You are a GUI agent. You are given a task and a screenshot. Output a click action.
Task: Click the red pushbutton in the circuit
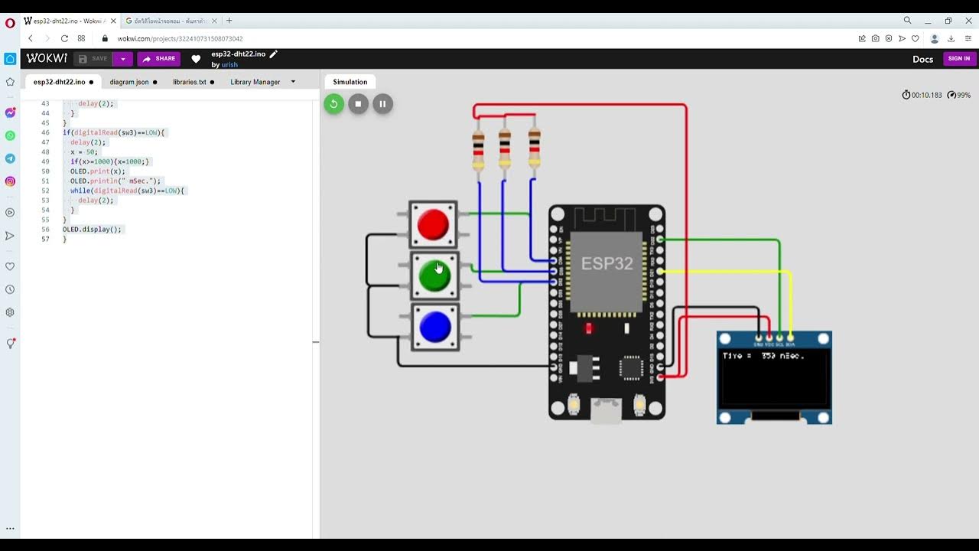[x=434, y=224]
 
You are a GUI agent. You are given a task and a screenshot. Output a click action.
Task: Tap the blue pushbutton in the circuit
[x=435, y=328]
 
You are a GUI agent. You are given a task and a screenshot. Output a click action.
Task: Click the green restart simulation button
[x=333, y=104]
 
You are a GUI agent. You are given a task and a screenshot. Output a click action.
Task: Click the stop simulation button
[x=358, y=104]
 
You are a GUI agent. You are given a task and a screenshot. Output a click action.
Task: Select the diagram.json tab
[x=129, y=82]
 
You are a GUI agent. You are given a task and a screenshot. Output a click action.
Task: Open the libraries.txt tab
[x=190, y=82]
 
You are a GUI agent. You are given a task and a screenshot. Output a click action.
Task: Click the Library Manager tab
[x=255, y=82]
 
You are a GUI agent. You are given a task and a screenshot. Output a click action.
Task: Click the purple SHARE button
[x=158, y=59]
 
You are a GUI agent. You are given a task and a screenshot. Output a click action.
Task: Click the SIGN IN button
[x=958, y=59]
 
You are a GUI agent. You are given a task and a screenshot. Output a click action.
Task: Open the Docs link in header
[x=922, y=59]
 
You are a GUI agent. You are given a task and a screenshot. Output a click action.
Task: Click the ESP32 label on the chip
[x=607, y=263]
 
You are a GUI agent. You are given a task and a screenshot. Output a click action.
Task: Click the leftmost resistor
[x=478, y=149]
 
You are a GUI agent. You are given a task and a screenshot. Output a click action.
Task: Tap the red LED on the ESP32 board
[x=588, y=328]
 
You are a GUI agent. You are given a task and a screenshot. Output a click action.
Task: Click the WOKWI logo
[x=47, y=58]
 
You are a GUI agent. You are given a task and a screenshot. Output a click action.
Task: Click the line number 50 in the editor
[x=45, y=171]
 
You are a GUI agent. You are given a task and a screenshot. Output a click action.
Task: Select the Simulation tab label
[x=350, y=82]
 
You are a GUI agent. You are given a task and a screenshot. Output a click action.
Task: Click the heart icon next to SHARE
[x=196, y=59]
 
